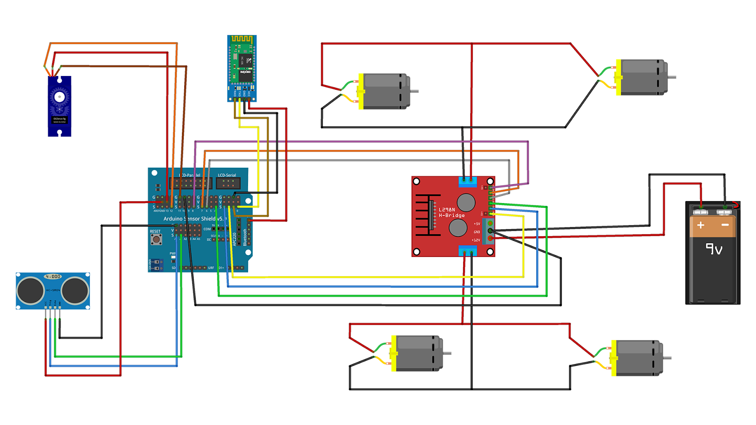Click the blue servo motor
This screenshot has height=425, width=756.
pos(60,106)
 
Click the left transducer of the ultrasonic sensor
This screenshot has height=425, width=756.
pos(31,290)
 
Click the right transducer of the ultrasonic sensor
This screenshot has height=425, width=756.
pos(75,290)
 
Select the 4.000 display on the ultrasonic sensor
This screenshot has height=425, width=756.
pos(52,276)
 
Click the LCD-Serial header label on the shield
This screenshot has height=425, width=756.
pos(227,175)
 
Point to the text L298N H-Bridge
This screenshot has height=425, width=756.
pos(451,212)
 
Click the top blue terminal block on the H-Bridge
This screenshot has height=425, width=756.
pos(467,180)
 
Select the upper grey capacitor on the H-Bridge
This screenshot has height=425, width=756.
pos(466,202)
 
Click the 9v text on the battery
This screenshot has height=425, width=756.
pos(713,248)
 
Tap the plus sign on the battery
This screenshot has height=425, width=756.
pos(701,225)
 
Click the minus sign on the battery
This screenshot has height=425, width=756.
pos(725,225)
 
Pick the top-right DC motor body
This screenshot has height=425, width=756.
pos(643,77)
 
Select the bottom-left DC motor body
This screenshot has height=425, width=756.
pos(419,353)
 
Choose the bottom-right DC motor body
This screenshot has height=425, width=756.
pos(638,358)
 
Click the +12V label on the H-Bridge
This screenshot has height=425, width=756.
pos(476,240)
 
